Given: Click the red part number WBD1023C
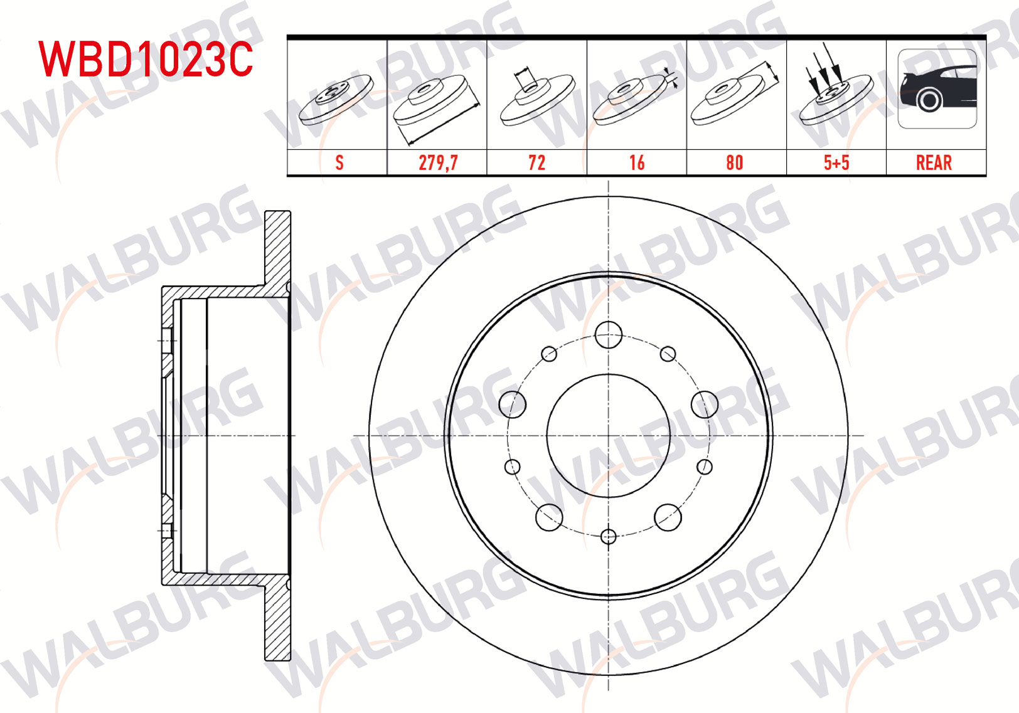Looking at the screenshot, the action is coord(146,60).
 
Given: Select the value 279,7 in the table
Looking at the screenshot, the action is coord(437,163).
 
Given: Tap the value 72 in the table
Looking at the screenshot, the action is coord(537,163).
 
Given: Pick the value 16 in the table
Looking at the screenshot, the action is coord(637,163).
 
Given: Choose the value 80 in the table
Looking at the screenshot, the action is coord(735,163).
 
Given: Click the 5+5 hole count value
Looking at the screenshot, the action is coord(836,163).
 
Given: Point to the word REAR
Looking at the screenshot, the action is coord(934,163).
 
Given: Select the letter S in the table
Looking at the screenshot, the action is coord(339,163).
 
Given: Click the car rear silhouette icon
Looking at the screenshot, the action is coord(937,89).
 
